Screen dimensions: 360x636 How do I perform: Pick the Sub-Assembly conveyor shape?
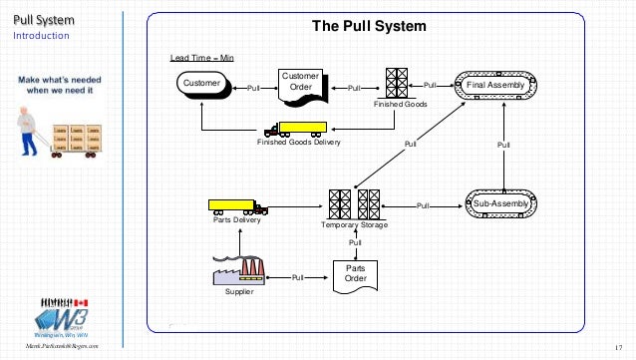[501, 202]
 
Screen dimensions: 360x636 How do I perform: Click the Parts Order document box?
[357, 274]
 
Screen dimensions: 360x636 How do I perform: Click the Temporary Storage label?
[355, 226]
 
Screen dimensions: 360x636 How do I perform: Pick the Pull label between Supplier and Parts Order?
[297, 277]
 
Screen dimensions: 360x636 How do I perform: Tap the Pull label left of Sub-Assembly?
[423, 204]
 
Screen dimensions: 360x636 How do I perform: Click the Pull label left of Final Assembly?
[431, 87]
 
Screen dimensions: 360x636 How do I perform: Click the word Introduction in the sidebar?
[41, 36]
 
